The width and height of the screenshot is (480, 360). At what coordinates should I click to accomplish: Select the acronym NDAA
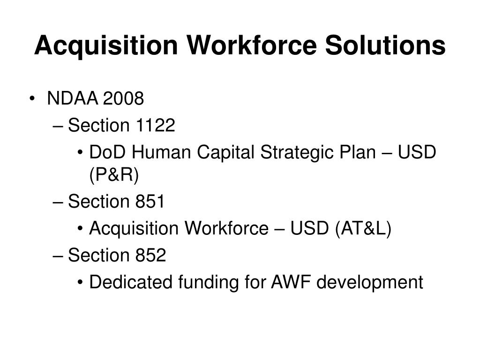73,99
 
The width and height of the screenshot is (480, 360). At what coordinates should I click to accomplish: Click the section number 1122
156,126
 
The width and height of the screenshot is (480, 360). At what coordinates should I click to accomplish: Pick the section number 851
150,202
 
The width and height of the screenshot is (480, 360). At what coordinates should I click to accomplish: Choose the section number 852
151,255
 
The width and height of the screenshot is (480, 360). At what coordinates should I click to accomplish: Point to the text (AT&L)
362,229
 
